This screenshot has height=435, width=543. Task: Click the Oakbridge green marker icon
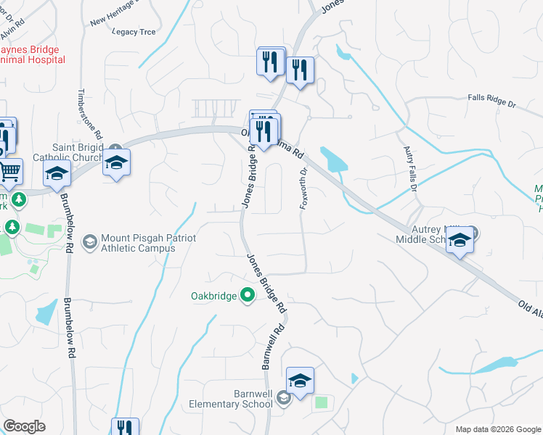(248, 295)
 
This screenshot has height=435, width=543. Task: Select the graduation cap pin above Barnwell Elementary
(300, 381)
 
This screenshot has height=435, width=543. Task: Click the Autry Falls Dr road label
(409, 169)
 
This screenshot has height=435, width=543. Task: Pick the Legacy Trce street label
(134, 31)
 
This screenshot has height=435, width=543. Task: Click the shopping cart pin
(9, 172)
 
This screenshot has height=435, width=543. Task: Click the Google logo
(24, 426)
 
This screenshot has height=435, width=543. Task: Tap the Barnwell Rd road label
(271, 344)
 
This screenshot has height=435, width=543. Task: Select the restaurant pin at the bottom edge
(125, 428)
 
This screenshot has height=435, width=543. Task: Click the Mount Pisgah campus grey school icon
(91, 240)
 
